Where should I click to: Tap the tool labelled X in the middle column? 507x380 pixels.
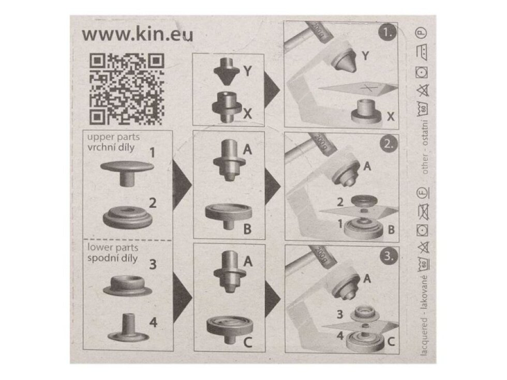point(226,106)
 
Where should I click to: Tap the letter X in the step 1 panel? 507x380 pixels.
point(390,117)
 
